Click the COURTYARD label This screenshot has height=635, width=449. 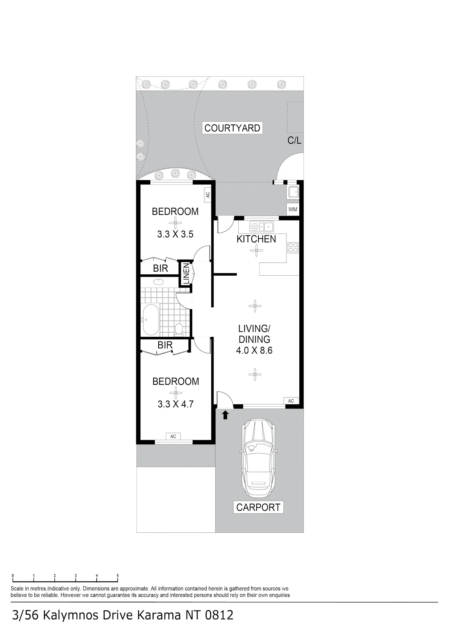coord(232,128)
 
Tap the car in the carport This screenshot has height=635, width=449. coord(258,458)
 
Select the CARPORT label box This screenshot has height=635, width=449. coord(258,508)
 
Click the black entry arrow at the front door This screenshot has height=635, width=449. coord(225,415)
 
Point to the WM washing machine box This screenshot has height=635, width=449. coord(293,209)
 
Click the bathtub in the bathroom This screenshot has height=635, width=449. coord(151,320)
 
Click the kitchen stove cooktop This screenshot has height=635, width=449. coord(293,248)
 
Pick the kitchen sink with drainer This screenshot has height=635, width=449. coord(262,227)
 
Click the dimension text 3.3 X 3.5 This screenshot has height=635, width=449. coord(175,234)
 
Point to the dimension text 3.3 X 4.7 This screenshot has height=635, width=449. coord(176,404)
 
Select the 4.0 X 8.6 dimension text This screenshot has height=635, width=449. coord(254,350)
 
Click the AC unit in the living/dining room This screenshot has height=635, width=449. coord(291,401)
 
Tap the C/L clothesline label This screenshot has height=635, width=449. coord(295,140)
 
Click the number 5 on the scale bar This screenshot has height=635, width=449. coord(118,575)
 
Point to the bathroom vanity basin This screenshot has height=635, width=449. coord(158,282)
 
